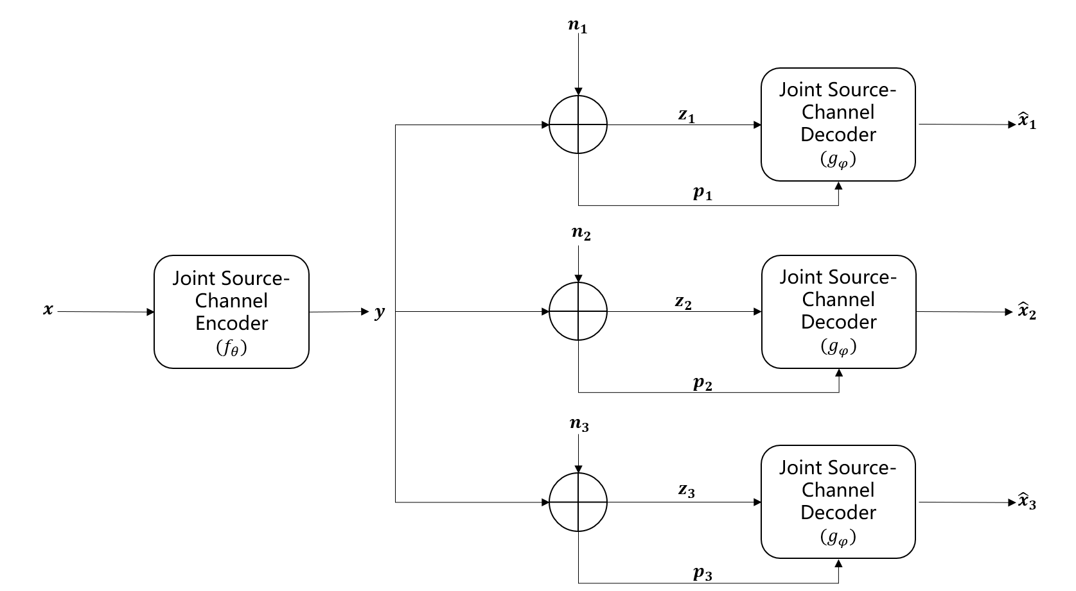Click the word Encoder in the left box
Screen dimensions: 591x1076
pos(231,323)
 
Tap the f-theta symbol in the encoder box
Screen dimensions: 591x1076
pos(231,348)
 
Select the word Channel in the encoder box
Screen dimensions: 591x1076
pos(231,301)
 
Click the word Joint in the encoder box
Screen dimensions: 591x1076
pos(193,278)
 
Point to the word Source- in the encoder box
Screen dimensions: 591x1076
pos(255,278)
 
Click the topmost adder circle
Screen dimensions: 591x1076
pos(578,124)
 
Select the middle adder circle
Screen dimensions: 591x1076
pos(578,311)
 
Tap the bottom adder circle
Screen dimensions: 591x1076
pos(578,502)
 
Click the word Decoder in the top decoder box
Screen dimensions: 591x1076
pos(838,135)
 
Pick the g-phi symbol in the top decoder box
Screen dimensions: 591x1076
pos(838,160)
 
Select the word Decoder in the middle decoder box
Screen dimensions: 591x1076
pos(838,322)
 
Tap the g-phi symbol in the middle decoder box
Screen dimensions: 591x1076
pos(838,347)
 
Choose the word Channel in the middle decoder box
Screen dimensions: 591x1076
pos(838,300)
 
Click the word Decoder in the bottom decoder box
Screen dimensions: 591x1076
pos(838,513)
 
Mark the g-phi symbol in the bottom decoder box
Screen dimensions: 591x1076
pos(838,538)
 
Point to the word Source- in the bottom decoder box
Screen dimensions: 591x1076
pos(861,468)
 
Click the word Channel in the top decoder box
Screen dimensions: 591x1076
pos(838,112)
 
